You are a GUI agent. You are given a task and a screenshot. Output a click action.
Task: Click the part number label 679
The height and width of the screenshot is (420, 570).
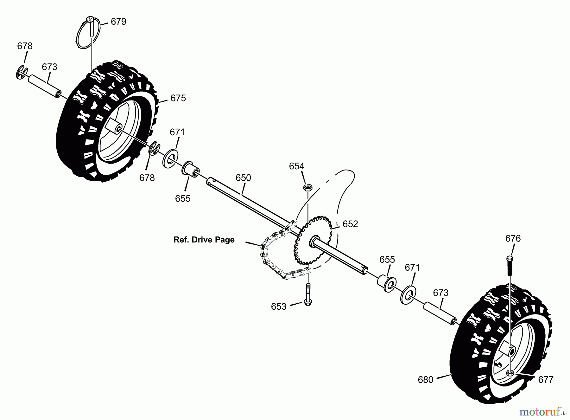point(118,22)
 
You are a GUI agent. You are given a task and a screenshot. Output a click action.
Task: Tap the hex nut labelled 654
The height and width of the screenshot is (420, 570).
point(307,187)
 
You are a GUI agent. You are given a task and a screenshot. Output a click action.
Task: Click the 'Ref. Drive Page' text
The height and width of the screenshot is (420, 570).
point(204,240)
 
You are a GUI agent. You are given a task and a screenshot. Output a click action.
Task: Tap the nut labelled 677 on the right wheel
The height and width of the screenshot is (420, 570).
point(510,373)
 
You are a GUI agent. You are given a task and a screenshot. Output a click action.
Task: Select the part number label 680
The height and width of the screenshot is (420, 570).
point(425,379)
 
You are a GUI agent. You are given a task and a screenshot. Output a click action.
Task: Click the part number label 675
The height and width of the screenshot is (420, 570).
point(178,98)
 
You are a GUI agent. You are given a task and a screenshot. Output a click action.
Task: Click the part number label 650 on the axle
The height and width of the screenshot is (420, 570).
point(243,178)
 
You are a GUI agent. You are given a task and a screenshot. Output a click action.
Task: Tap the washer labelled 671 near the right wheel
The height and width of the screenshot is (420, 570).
point(408,295)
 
